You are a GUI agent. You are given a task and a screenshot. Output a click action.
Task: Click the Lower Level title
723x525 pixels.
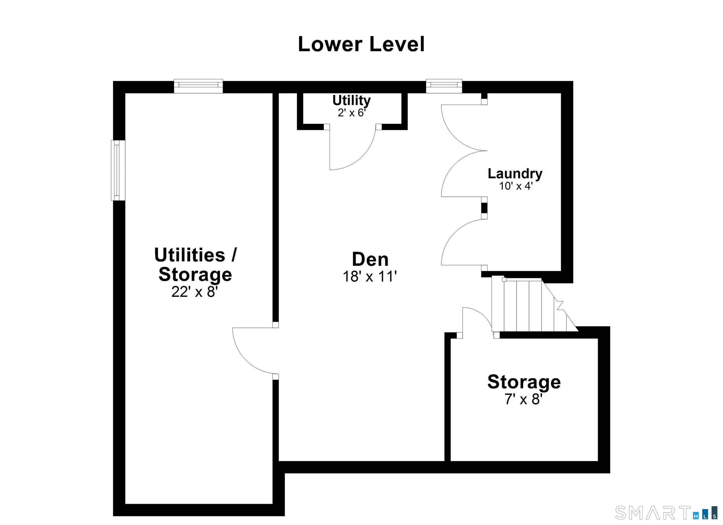361,44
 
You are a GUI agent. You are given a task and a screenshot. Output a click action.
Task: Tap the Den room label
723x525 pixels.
370,259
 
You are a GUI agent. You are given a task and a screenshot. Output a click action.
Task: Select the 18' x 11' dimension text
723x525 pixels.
370,276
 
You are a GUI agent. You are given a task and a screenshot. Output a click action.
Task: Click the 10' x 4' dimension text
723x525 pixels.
516,186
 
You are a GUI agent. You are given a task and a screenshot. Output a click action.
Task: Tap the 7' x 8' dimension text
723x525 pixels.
523,399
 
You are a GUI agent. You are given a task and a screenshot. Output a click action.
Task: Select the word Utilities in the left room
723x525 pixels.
190,255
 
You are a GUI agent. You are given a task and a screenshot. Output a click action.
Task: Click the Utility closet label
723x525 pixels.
352,101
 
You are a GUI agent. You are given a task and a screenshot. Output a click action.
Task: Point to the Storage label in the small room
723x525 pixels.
524,382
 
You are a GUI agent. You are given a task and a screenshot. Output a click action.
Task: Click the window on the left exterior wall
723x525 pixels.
118,170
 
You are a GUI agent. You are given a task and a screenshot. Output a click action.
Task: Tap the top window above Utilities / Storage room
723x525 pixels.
198,86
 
